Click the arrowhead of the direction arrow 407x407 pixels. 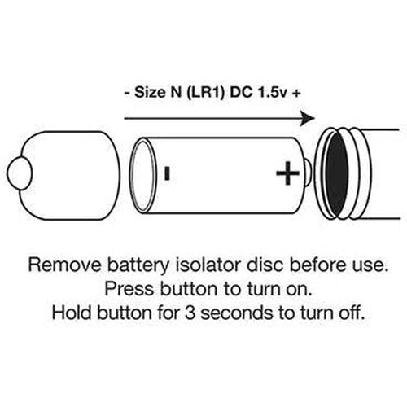[308, 118]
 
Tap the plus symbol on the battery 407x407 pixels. [287, 173]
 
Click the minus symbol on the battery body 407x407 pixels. [167, 173]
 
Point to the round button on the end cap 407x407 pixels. [20, 173]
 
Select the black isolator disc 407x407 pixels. [336, 173]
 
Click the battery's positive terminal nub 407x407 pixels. [309, 173]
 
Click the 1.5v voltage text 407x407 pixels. [273, 93]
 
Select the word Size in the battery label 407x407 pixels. [150, 93]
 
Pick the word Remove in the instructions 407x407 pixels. [65, 265]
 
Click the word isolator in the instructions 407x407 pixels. [208, 265]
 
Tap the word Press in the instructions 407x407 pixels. [129, 289]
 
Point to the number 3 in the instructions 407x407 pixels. [190, 313]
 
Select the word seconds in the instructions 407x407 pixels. [237, 313]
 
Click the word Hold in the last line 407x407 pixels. [72, 313]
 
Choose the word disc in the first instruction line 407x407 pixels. [265, 265]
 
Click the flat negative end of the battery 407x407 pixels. [143, 175]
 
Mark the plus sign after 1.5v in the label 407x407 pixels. [296, 93]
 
